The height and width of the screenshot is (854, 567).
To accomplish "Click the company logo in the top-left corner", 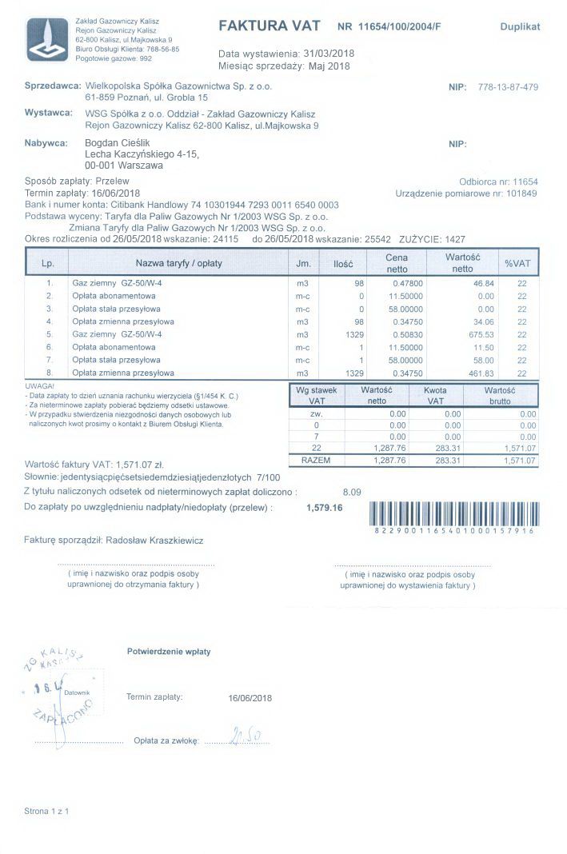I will (x=47, y=39).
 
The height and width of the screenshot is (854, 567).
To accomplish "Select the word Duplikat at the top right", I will (x=520, y=26).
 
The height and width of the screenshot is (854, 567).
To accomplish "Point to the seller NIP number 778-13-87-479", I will (x=507, y=86).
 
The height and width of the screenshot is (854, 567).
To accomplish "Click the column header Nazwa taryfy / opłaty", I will (x=178, y=263).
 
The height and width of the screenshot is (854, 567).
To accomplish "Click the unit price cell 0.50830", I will (x=407, y=334).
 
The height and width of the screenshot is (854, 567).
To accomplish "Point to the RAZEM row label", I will (x=316, y=461).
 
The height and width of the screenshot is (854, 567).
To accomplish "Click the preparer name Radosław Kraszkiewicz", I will (x=154, y=541).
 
